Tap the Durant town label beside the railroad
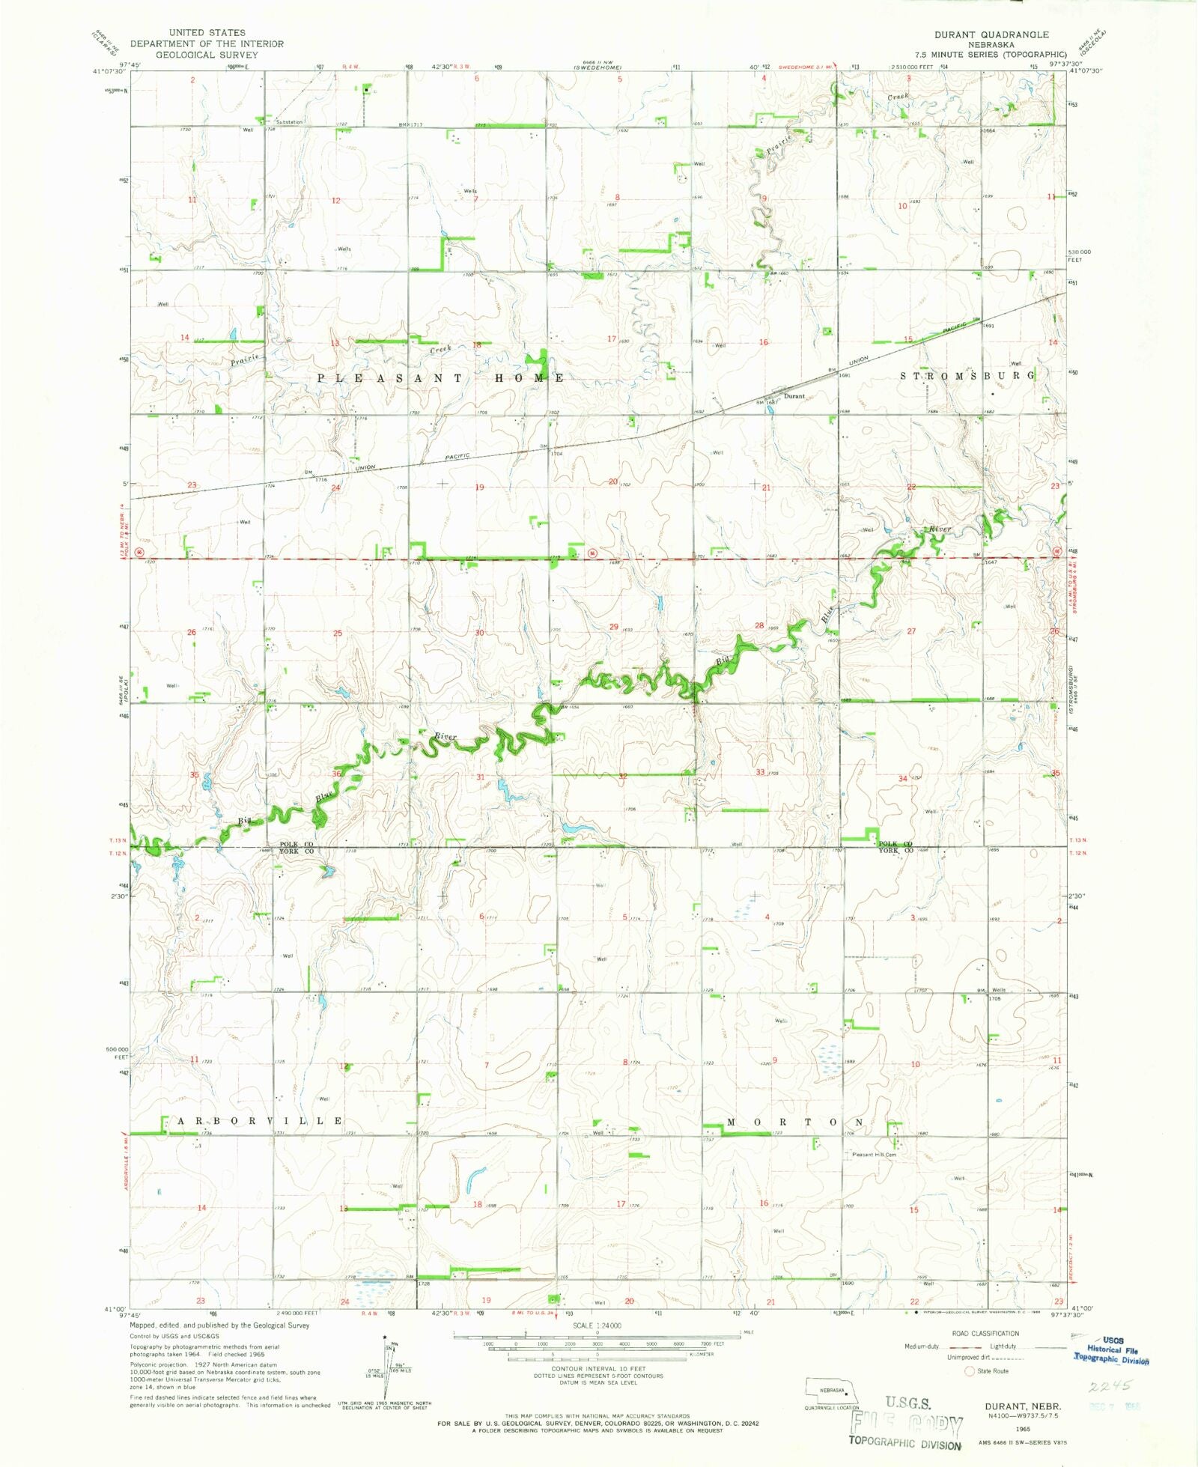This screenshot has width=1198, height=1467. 794,396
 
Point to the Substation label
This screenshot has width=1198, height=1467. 289,122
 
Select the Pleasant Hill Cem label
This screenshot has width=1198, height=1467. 875,1155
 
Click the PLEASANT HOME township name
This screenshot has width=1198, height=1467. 441,378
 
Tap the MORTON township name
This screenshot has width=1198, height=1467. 795,1123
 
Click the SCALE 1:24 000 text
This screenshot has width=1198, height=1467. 597,1325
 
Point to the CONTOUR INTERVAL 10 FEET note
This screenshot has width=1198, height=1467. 597,1369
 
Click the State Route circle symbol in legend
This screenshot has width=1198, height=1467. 970,1371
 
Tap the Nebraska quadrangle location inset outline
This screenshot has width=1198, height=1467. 832,1391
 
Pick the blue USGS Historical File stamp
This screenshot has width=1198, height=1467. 1112,1349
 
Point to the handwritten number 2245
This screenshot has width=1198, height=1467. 1110,1385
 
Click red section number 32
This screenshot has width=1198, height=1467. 623,776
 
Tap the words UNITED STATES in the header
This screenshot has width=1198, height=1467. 207,33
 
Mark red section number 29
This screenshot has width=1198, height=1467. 614,626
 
